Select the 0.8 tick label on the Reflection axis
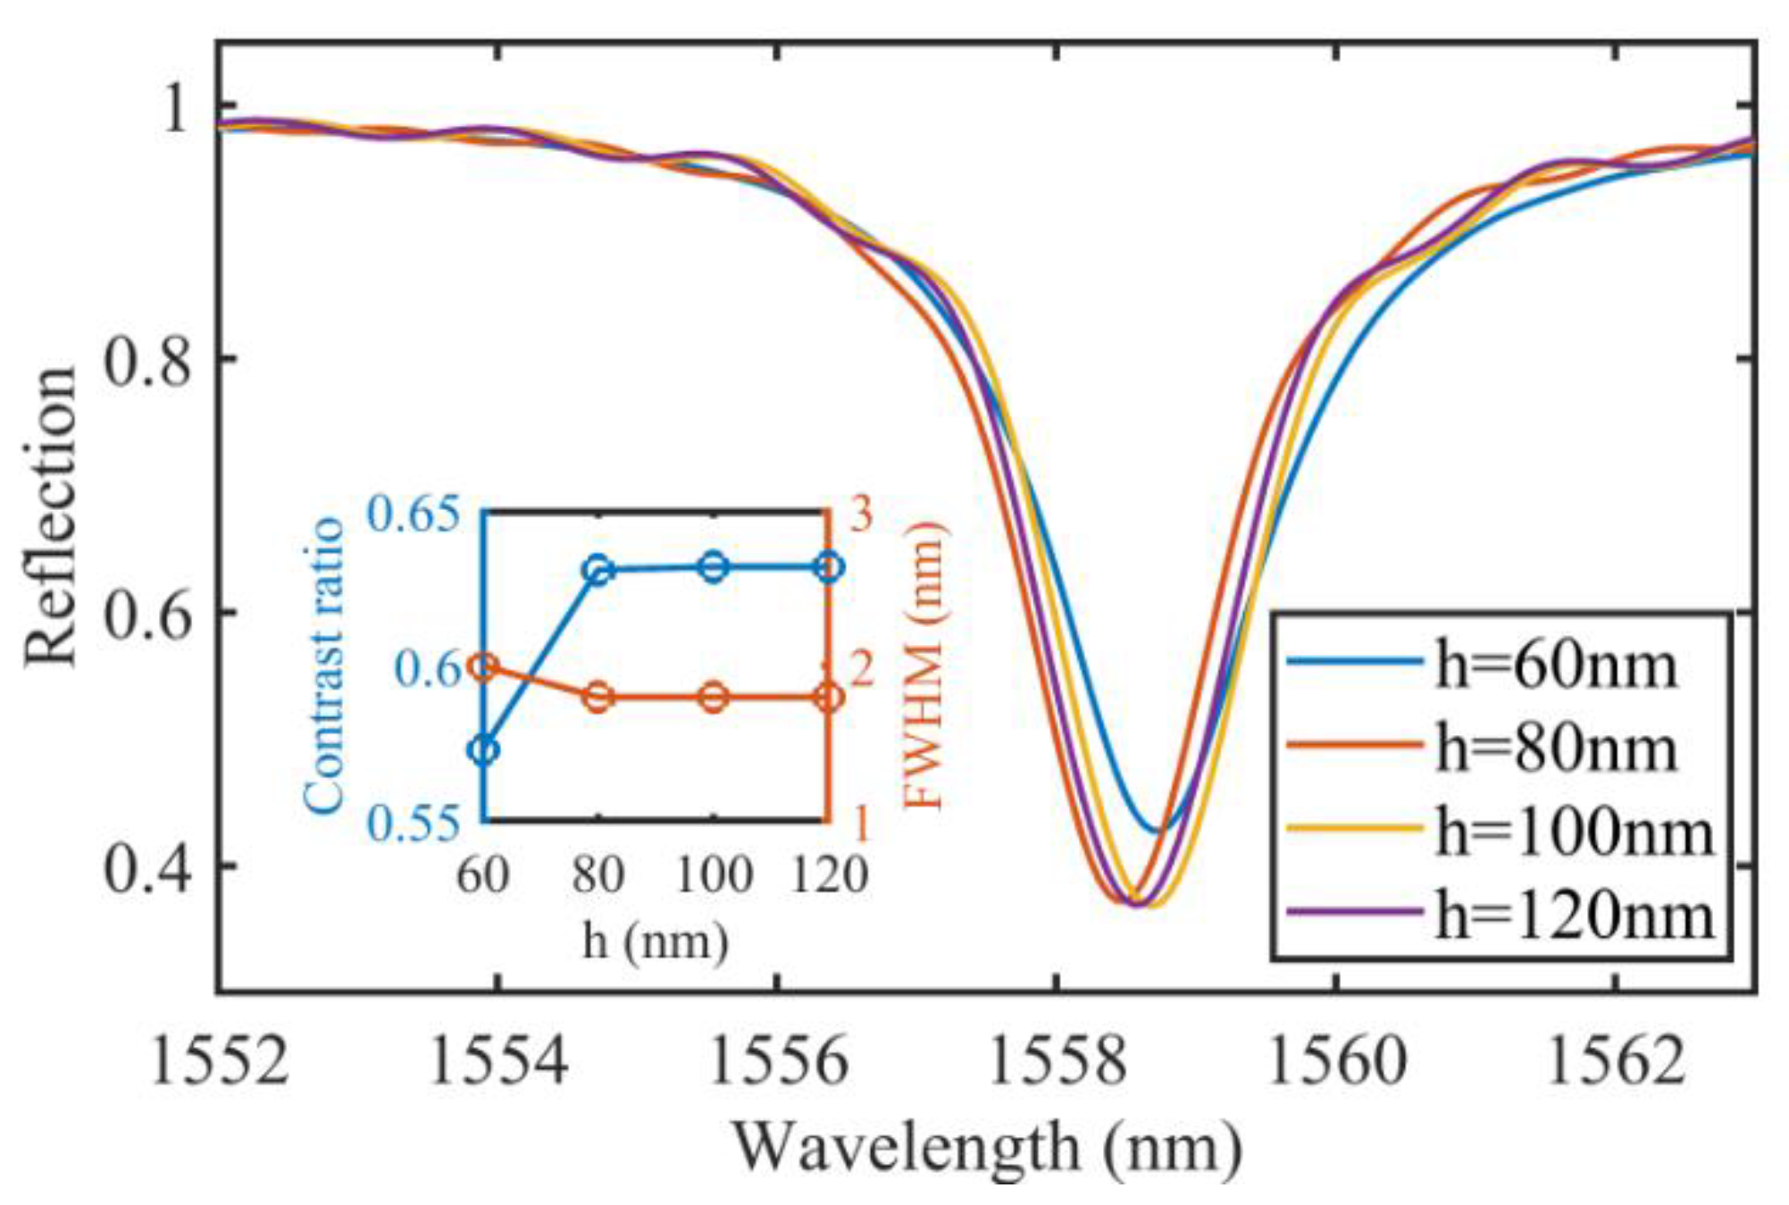click(x=147, y=359)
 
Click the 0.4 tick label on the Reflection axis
click(x=147, y=867)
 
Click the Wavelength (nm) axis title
click(x=987, y=1148)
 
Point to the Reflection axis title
click(x=51, y=515)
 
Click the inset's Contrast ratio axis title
click(x=323, y=665)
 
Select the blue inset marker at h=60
click(x=483, y=749)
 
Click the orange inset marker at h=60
click(x=483, y=666)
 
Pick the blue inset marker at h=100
click(x=713, y=566)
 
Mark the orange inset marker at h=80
click(x=598, y=697)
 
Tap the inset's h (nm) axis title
click(x=656, y=941)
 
